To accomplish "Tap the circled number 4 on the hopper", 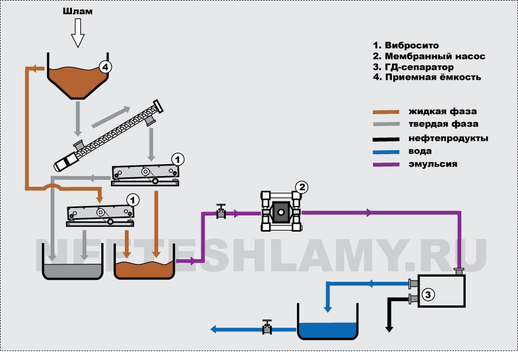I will click(104, 67).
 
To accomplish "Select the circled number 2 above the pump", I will click(301, 187).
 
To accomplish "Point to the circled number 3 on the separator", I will click(428, 293).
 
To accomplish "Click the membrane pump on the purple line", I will click(280, 212).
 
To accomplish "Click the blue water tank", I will click(327, 330).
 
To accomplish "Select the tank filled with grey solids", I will click(73, 271).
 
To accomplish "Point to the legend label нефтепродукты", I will click(448, 138).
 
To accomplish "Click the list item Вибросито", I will click(406, 45).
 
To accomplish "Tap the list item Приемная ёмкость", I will click(427, 78).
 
